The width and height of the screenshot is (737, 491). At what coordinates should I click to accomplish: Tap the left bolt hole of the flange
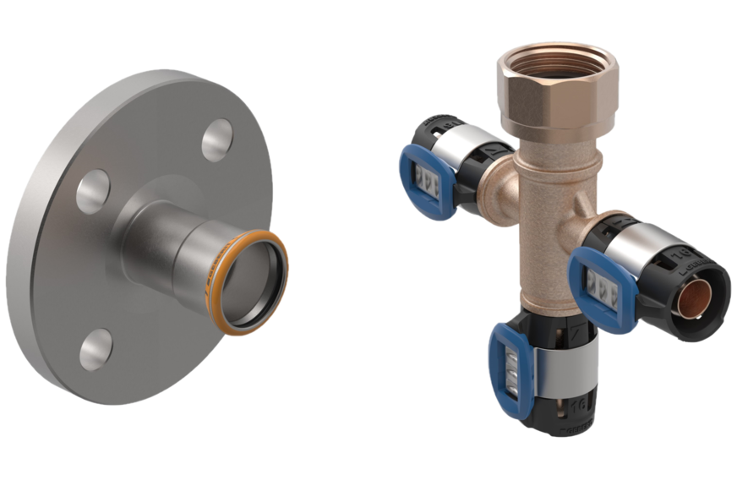(x=93, y=189)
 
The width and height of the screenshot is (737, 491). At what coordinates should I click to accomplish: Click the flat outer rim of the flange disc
(x=51, y=279)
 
